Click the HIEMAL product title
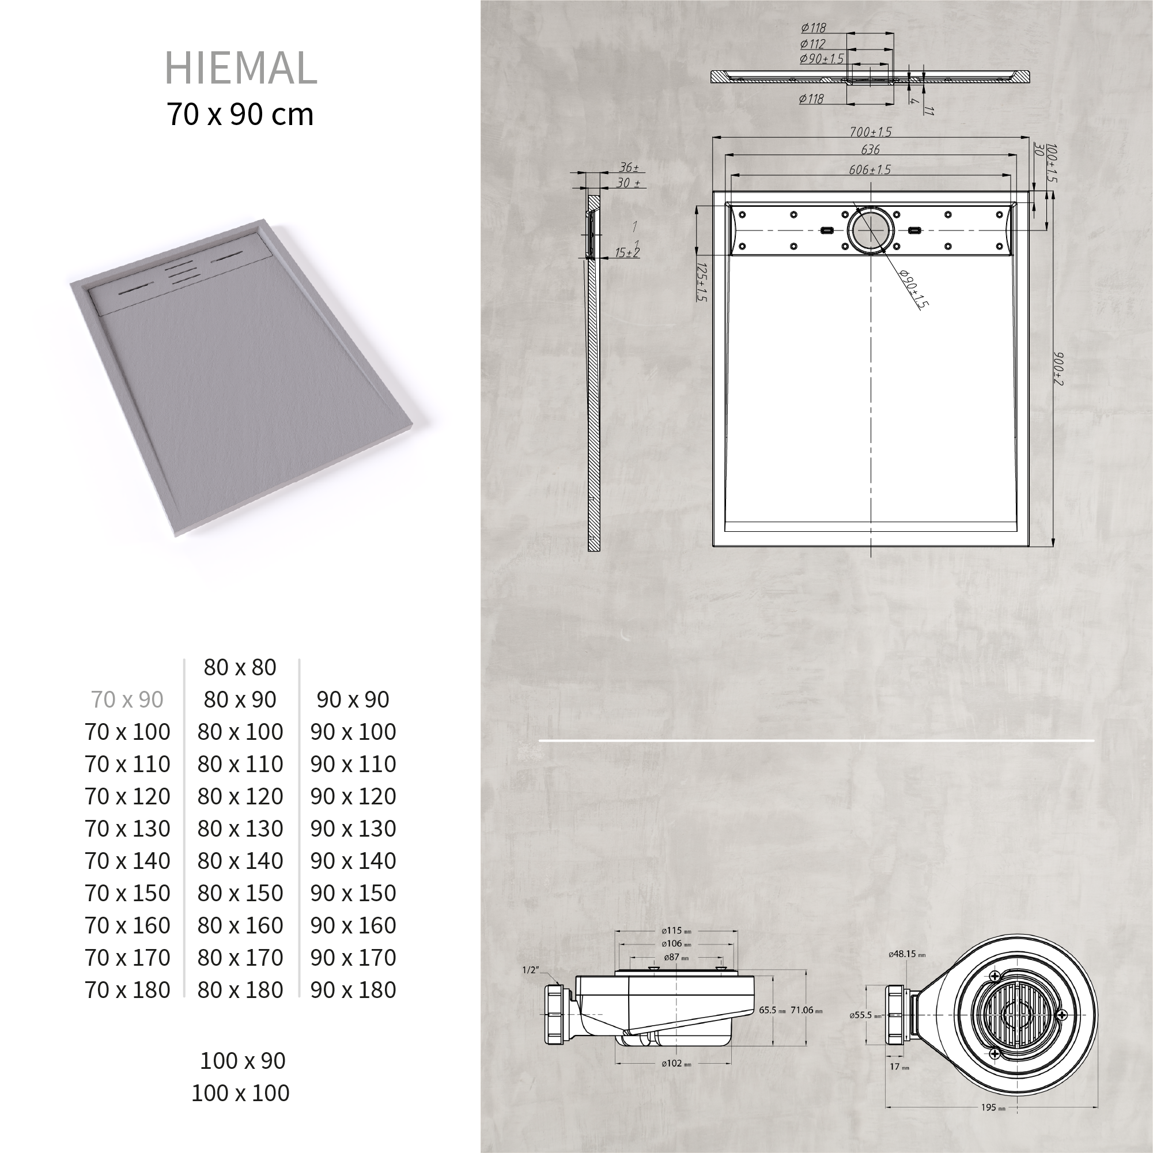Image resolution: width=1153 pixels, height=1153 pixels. pos(240,67)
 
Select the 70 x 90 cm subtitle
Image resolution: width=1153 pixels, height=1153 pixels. pos(240,114)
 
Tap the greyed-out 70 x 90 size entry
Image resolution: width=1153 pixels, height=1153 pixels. pos(127,699)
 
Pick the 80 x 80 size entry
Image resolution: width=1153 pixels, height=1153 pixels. pos(240,667)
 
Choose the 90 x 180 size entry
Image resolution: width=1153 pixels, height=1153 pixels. pos(353,989)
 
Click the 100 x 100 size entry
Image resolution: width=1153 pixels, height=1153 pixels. pos(240,1092)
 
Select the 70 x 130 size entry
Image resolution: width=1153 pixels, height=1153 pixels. pos(127,829)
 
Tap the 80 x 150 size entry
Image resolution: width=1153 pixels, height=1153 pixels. pos(240,893)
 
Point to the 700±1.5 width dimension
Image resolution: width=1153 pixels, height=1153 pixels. pos(871,132)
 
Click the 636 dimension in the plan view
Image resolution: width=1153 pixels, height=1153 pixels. pos(870,149)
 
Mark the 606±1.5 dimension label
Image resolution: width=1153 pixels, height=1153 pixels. pos(870,169)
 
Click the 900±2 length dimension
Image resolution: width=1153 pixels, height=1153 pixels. pos(1059,368)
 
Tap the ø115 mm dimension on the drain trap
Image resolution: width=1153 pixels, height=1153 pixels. pos(675,931)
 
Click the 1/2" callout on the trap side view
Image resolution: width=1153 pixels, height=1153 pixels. pos(530,970)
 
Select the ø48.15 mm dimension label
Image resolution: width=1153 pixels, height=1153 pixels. pos(906,954)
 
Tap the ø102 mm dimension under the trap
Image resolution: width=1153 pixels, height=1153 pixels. pos(675,1064)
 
